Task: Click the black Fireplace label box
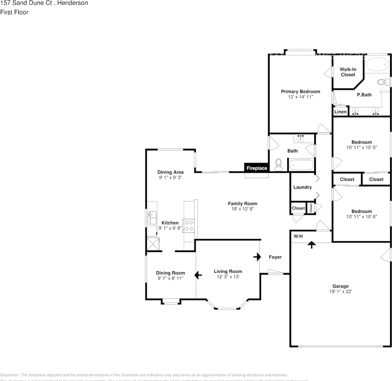tap(257, 168)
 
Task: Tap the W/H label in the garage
tap(298, 237)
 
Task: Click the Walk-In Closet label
tap(348, 72)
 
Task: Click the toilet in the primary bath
tap(382, 83)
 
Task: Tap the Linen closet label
tap(340, 112)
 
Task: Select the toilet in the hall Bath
tap(279, 165)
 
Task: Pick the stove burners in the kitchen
tap(189, 225)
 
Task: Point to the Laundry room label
tap(302, 187)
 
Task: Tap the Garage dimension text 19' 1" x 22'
tap(340, 291)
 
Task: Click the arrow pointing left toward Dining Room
tap(198, 275)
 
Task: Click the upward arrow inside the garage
tap(312, 244)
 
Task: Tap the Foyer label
tap(275, 257)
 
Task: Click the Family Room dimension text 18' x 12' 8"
tap(242, 209)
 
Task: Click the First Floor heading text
tap(14, 12)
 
